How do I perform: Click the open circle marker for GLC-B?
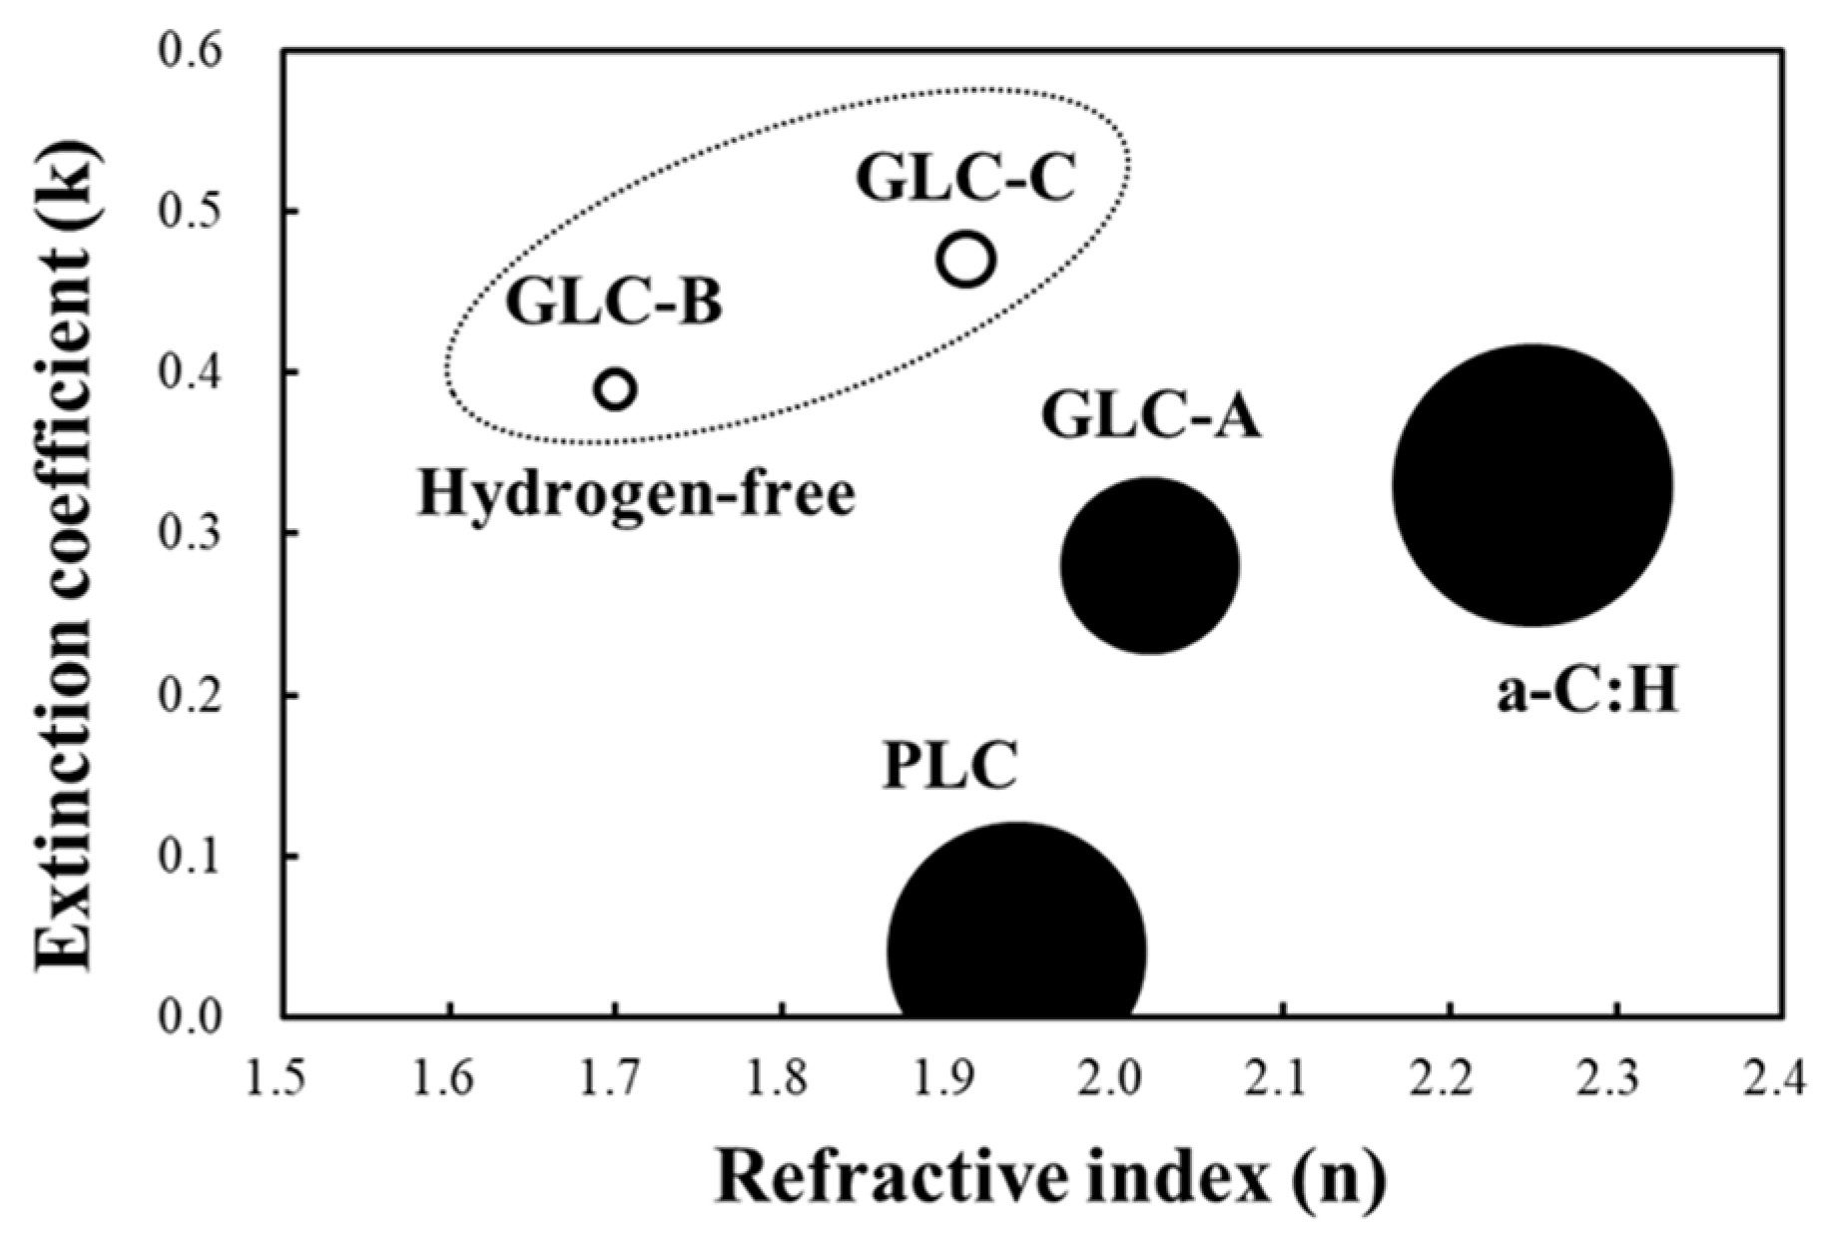pos(616,388)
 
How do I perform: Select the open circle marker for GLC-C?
pos(965,260)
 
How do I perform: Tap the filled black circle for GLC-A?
pos(1149,565)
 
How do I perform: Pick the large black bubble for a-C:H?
pos(1532,485)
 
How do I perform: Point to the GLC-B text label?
pos(613,302)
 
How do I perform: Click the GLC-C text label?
pos(965,179)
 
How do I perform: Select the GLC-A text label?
pos(1151,416)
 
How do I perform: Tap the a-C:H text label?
pos(1586,691)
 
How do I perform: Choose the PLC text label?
pos(949,766)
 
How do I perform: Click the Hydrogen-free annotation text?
pos(636,493)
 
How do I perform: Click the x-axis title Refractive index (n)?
pos(1050,1178)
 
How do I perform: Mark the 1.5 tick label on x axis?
pos(284,1079)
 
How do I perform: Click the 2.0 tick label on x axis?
pos(1115,1079)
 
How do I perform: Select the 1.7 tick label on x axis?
pos(616,1079)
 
